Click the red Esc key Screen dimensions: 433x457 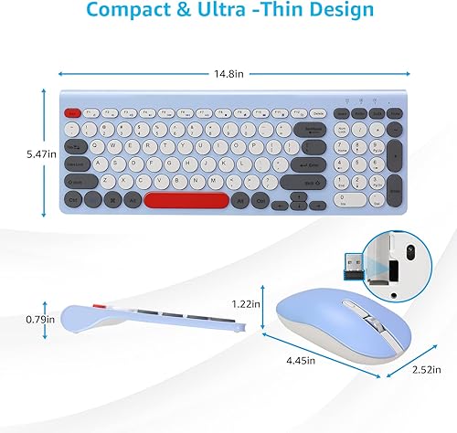pos(71,112)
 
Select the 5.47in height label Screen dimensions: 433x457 pos(18,155)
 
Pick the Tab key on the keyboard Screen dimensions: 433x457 pos(74,146)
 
